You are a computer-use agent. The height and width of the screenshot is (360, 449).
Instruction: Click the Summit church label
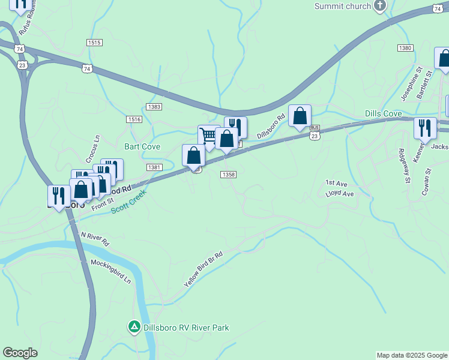342,6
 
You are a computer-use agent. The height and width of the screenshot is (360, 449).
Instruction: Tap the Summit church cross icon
379,6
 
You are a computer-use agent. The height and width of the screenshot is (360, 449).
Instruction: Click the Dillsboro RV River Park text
186,328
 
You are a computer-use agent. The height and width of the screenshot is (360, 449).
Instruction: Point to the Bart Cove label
142,146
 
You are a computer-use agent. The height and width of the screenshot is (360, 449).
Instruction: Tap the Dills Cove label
383,113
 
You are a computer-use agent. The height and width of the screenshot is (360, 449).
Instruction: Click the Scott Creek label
129,204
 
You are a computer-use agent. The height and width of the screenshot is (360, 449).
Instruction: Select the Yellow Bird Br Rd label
203,268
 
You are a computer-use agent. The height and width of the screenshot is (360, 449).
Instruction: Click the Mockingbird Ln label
110,271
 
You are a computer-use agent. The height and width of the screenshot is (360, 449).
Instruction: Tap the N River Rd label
95,239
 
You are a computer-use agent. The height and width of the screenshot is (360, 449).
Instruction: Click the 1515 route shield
94,43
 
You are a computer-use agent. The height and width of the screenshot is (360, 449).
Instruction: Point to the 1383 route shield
154,106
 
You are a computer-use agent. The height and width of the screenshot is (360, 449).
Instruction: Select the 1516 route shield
134,119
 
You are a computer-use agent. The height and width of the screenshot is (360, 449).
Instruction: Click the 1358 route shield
228,175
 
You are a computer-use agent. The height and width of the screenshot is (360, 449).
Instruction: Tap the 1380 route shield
405,48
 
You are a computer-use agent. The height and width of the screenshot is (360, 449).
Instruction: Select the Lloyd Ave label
340,194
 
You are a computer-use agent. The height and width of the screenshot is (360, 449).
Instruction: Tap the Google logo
20,353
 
